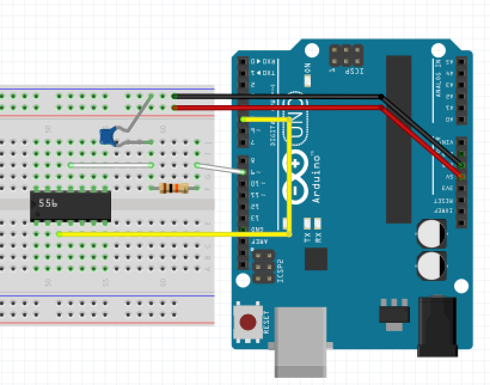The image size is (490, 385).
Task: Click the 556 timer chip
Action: (x=71, y=206)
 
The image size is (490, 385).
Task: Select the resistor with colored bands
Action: (x=174, y=188)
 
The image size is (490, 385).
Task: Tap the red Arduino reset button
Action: (x=248, y=323)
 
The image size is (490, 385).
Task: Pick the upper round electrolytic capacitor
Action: (x=431, y=234)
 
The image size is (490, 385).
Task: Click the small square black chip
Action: (x=316, y=259)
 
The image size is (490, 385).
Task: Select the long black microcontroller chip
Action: (x=399, y=139)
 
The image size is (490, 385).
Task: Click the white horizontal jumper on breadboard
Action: (x=111, y=165)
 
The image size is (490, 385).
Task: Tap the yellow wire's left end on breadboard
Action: (x=60, y=234)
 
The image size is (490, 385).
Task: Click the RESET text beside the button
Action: (x=267, y=322)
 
